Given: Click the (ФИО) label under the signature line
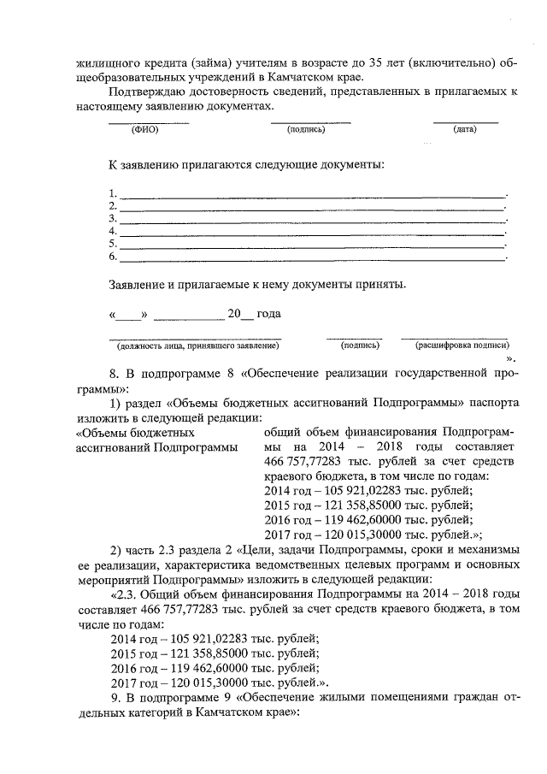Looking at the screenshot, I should (x=148, y=129).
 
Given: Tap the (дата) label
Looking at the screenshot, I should (x=465, y=129).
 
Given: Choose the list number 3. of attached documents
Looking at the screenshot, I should (x=112, y=218).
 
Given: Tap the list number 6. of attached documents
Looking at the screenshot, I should (x=112, y=256).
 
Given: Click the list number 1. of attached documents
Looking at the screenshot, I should (x=112, y=193).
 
